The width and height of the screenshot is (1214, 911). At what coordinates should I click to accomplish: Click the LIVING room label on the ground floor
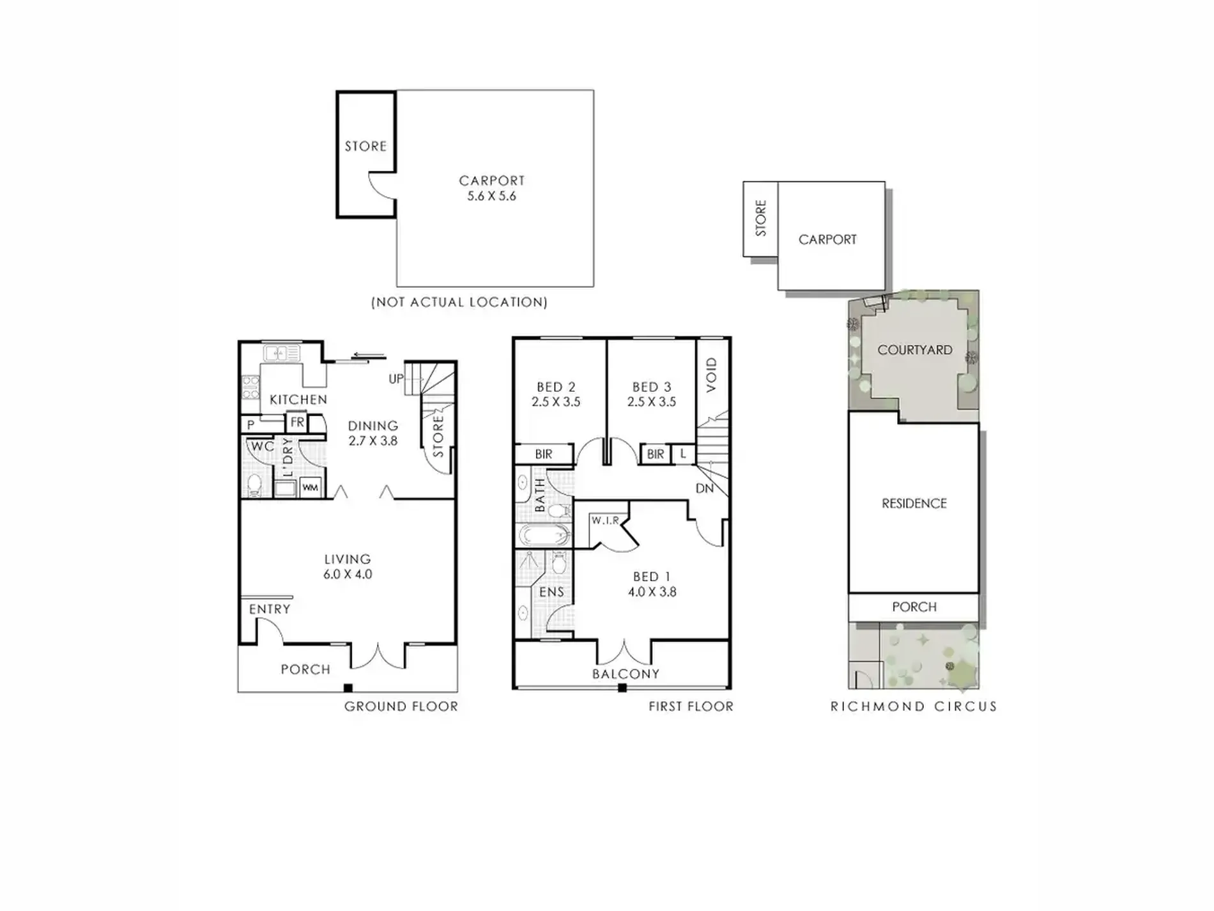(347, 559)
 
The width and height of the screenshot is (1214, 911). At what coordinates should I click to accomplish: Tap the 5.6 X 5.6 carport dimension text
(491, 196)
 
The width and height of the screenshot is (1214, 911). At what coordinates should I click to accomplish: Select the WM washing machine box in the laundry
(310, 488)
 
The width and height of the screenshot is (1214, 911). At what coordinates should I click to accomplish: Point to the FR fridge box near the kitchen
(297, 423)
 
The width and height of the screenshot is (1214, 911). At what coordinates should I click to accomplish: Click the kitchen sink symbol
(281, 352)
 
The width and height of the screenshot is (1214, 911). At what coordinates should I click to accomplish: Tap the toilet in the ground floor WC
(254, 485)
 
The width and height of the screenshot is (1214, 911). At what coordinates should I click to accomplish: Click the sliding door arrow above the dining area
(369, 356)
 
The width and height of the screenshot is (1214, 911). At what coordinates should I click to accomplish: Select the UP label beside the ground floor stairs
(396, 378)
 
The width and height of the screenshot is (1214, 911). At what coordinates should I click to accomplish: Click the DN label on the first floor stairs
(704, 488)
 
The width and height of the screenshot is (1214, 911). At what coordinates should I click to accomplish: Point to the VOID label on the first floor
(712, 375)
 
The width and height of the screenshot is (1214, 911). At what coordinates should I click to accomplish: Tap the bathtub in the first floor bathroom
(543, 535)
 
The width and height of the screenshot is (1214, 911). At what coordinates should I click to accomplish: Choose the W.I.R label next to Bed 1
(605, 520)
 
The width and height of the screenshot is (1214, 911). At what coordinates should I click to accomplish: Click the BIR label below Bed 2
(544, 454)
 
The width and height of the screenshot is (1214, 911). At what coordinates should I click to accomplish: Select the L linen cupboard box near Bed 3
(683, 454)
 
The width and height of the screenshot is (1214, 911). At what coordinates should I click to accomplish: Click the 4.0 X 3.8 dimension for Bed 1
(652, 592)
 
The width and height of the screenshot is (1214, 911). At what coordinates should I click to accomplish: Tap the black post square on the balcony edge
(622, 688)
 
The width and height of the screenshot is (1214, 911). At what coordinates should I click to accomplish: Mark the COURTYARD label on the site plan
(915, 350)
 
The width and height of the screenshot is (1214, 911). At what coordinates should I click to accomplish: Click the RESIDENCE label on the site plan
(914, 504)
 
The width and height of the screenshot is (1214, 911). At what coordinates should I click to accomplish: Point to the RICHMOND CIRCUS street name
(914, 706)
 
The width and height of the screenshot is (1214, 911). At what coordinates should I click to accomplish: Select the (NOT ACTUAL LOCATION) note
(459, 302)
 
